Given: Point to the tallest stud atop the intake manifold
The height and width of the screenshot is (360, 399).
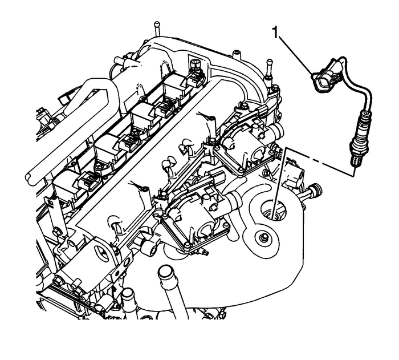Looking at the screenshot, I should tap(154, 29).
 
